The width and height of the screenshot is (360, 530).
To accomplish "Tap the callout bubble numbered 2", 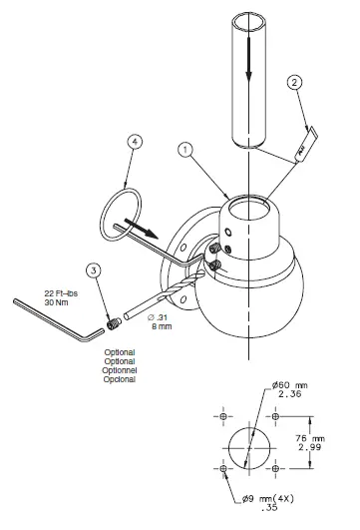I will (x=293, y=84).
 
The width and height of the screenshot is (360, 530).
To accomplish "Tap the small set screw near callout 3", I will (x=115, y=322).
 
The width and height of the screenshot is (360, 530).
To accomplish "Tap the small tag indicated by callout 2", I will (x=299, y=146).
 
